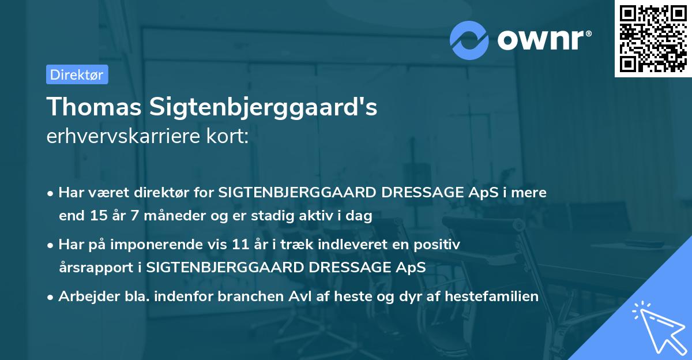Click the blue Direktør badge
77,74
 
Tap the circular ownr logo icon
469,40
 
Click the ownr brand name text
544,40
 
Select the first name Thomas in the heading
93,107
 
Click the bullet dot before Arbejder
51,297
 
